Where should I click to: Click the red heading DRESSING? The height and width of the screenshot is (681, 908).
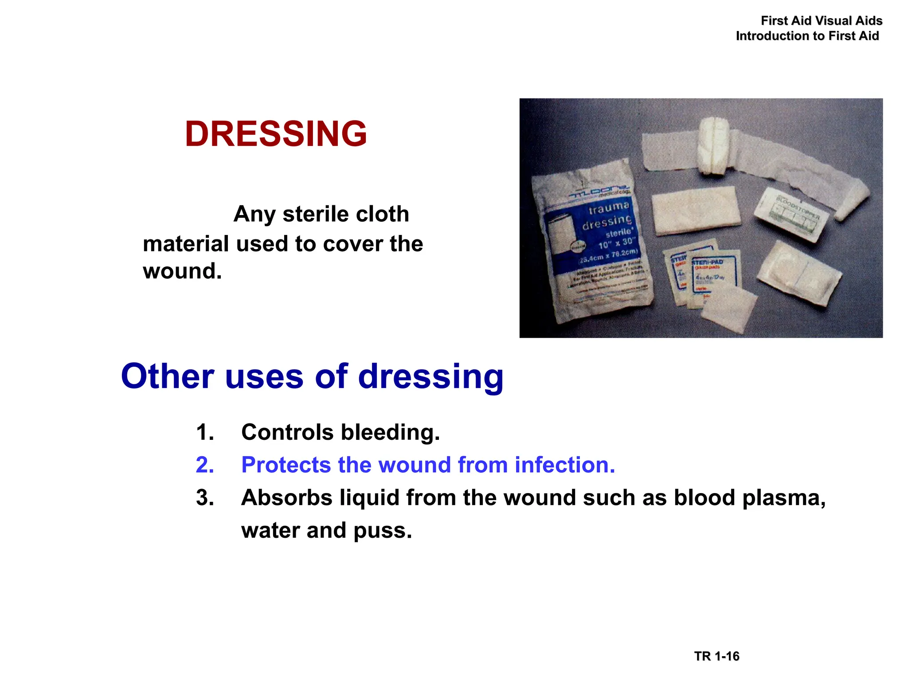(276, 134)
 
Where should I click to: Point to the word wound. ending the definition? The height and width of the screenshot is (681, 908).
(182, 271)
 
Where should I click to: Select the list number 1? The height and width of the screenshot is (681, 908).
(205, 432)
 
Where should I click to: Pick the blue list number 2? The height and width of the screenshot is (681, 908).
(205, 465)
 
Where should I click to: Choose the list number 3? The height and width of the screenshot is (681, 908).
(205, 497)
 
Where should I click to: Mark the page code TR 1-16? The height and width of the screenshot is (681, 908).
(716, 656)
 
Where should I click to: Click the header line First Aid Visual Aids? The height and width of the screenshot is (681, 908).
(822, 21)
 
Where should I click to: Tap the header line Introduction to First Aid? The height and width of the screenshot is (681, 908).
(807, 36)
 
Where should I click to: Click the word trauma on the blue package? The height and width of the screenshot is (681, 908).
(609, 207)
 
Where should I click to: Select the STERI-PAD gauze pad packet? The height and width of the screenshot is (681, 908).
(713, 273)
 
